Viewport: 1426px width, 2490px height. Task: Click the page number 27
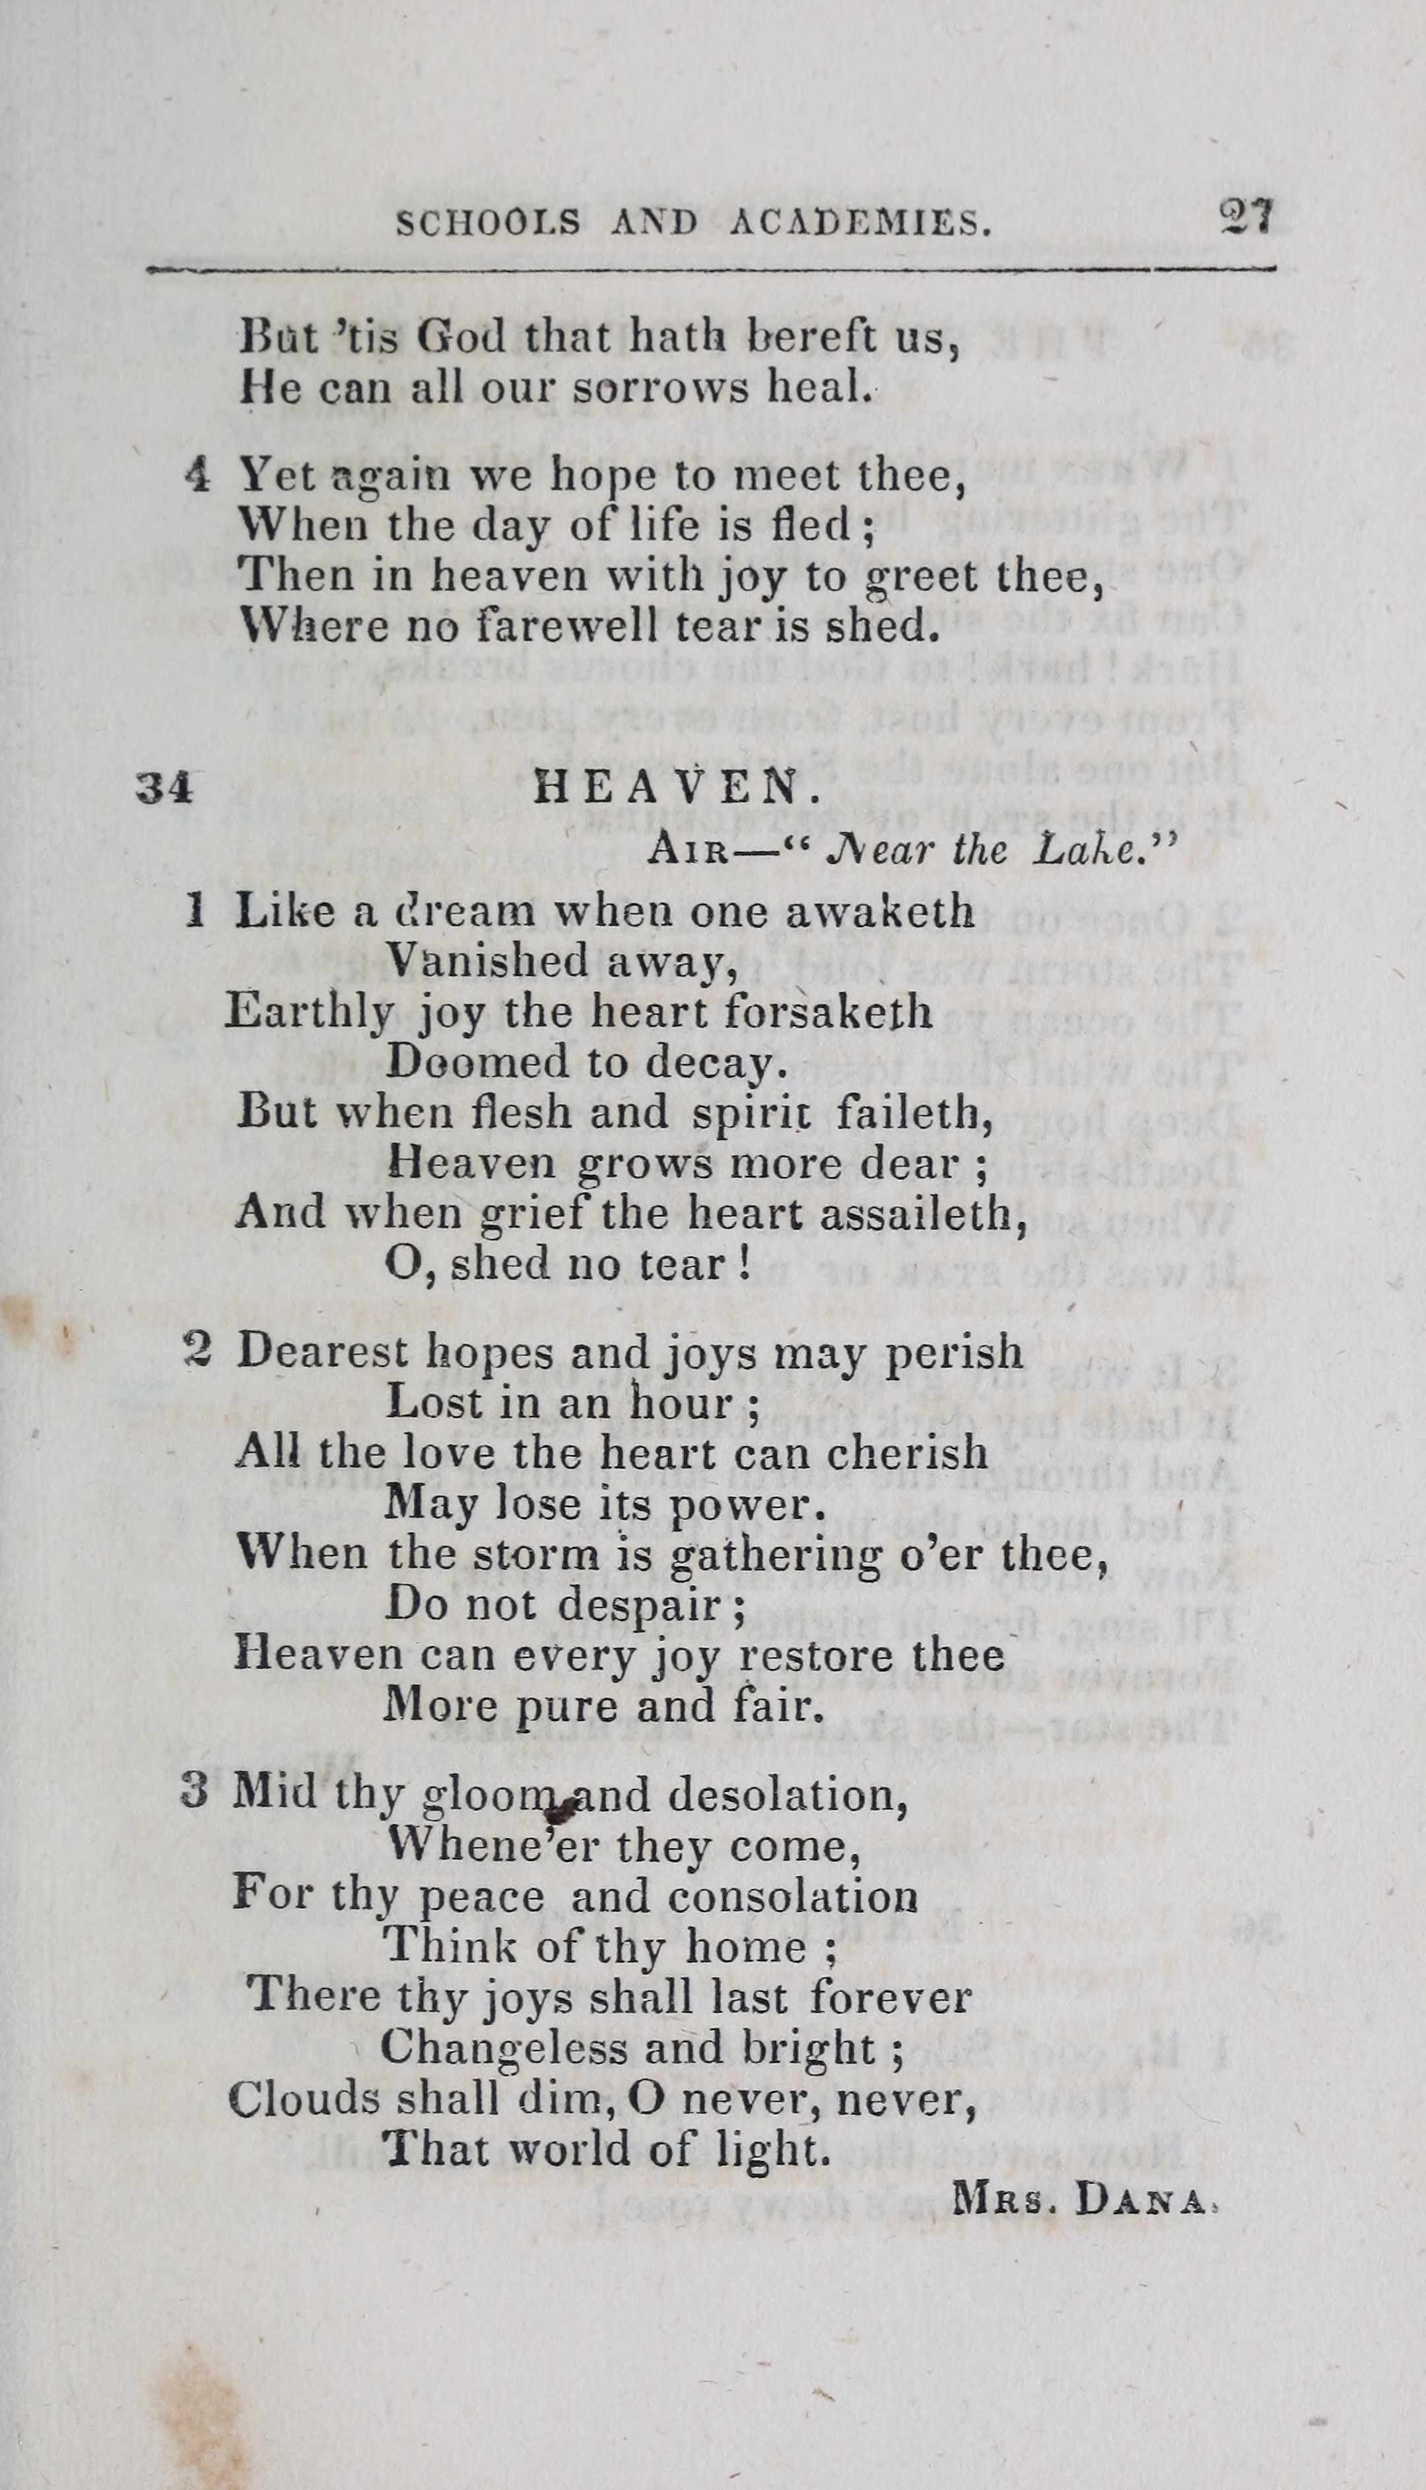pyautogui.click(x=1245, y=215)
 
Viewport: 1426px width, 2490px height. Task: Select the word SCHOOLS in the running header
pyautogui.click(x=489, y=225)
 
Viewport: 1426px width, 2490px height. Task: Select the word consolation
pyautogui.click(x=794, y=1896)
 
